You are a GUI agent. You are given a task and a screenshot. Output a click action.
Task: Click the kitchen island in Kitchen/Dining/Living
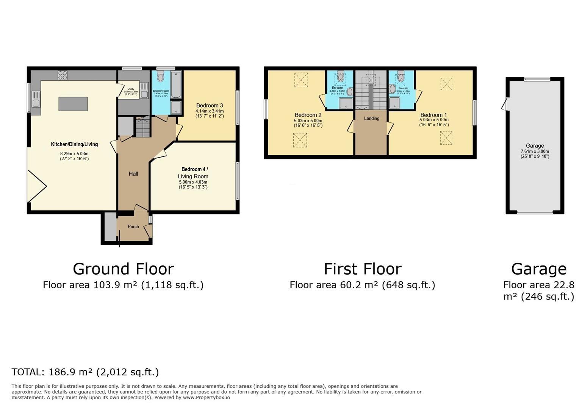click(73, 104)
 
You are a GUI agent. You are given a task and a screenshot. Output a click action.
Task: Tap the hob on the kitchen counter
click(63, 75)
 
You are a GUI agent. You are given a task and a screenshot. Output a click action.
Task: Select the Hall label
click(133, 174)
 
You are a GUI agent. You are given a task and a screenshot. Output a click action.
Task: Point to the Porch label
click(133, 226)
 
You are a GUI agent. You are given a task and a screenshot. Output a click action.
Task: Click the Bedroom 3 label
click(210, 105)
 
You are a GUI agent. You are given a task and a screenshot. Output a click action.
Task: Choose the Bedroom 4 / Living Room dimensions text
click(193, 184)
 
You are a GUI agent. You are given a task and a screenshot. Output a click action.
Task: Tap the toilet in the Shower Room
click(160, 77)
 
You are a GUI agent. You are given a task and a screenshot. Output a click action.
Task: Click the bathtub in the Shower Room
click(176, 84)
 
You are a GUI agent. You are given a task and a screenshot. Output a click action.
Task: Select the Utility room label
click(131, 89)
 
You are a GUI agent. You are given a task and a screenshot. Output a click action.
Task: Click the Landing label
click(372, 119)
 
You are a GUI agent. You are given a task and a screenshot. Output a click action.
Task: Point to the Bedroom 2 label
click(308, 115)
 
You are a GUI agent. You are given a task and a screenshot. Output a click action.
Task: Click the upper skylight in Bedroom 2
click(301, 80)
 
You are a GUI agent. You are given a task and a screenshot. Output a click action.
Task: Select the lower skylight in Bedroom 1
click(446, 138)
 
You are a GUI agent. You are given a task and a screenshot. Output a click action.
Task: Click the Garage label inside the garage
click(535, 146)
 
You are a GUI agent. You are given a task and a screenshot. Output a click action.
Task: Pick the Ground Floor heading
click(123, 269)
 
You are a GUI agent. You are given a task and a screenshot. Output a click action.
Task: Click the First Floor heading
click(362, 269)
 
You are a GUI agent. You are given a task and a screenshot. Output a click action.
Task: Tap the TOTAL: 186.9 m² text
click(85, 372)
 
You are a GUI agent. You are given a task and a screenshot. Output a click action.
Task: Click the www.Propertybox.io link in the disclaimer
click(206, 398)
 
